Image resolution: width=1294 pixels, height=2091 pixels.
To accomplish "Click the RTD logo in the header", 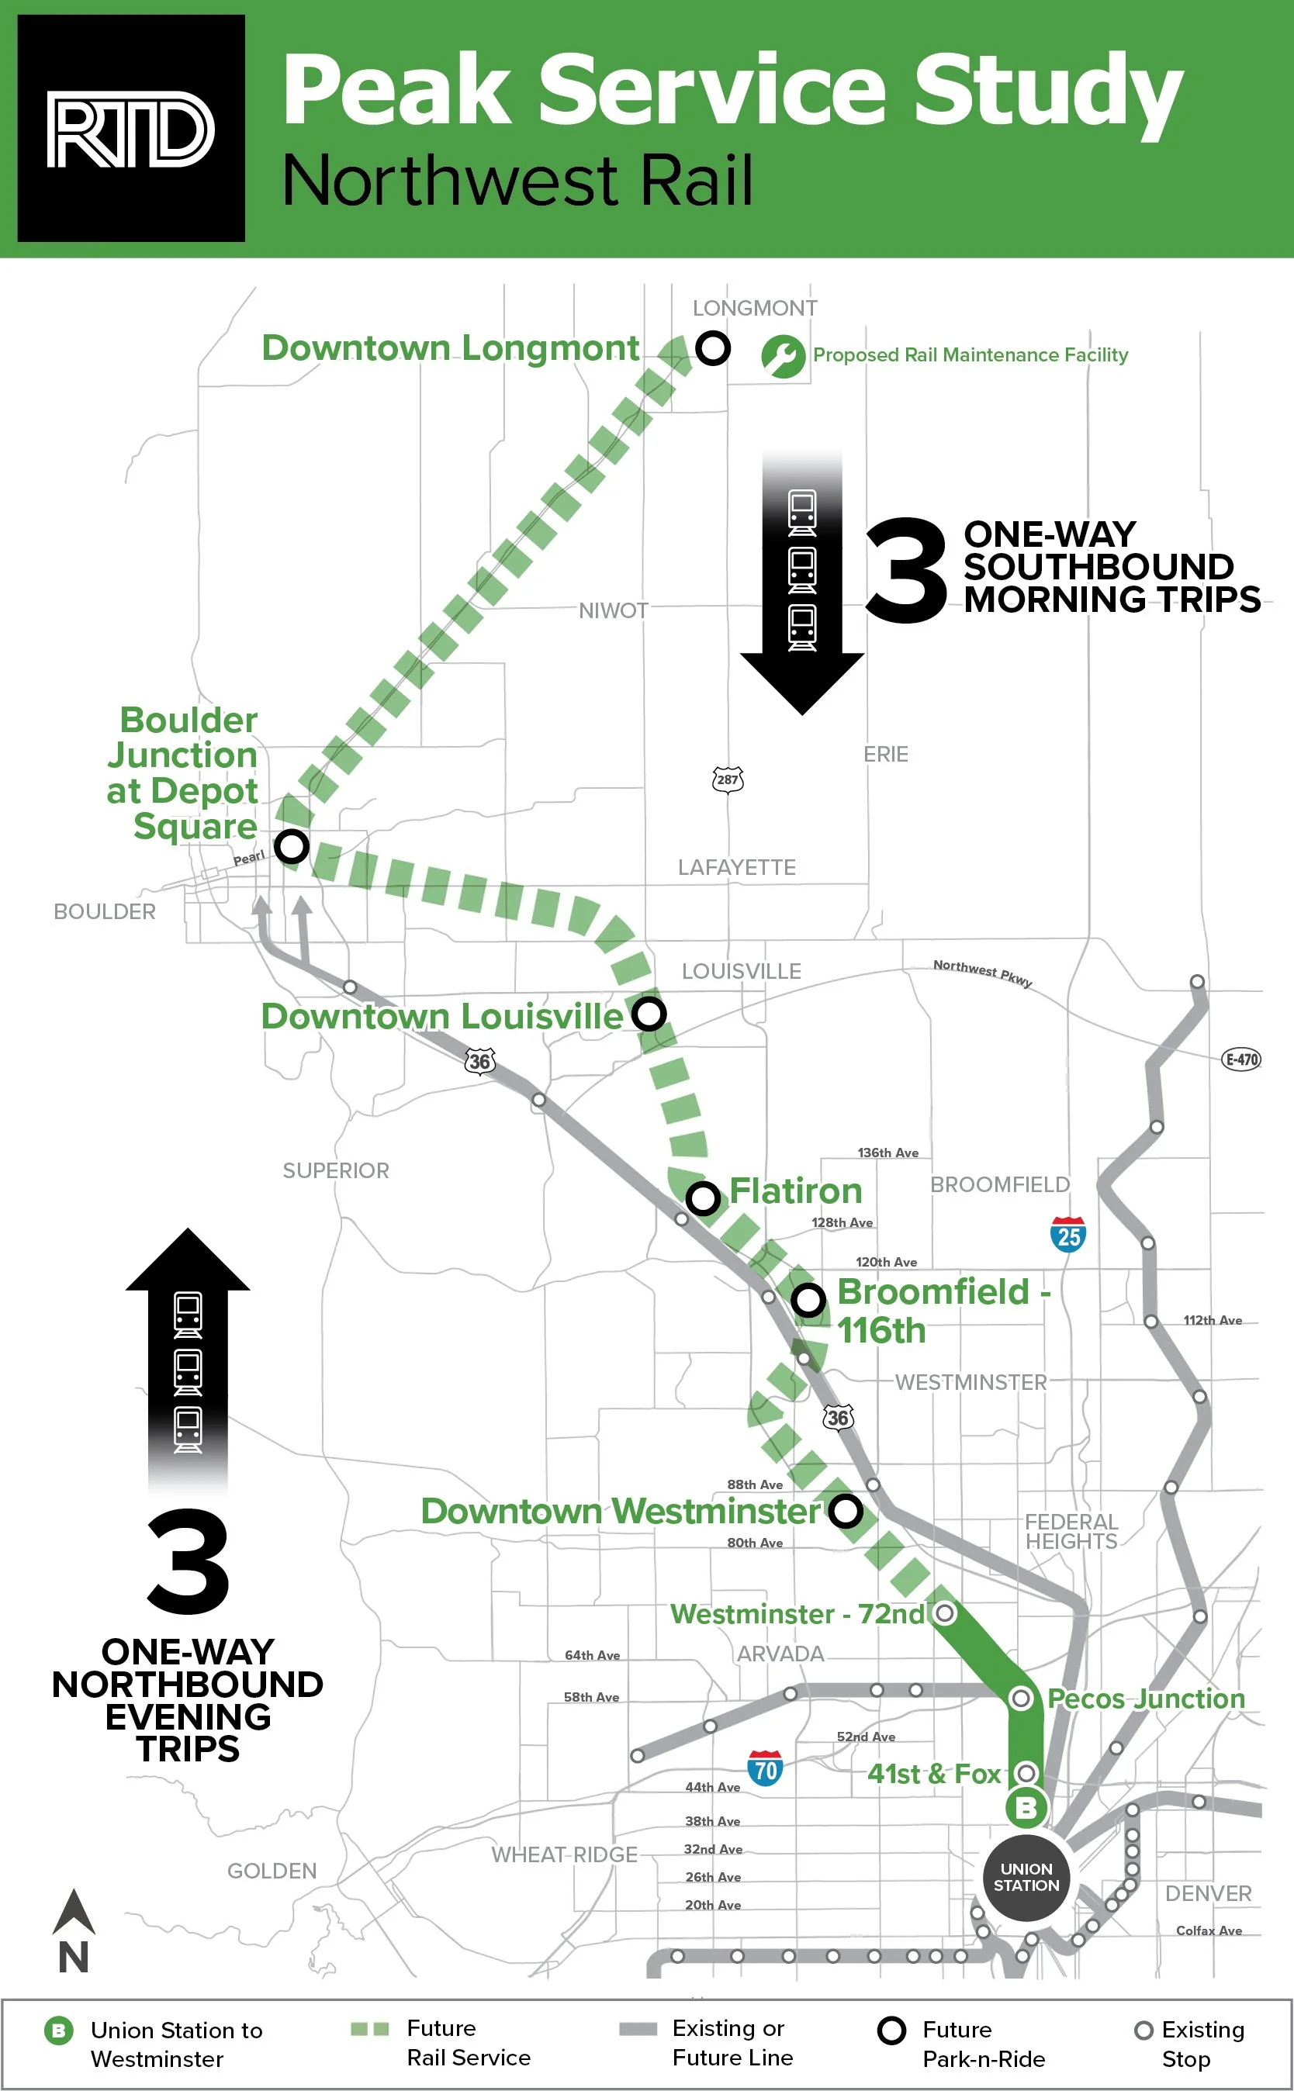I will (131, 128).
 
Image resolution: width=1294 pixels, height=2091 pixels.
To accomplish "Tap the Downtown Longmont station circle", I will (712, 348).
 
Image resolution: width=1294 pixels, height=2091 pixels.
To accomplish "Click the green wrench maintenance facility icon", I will (783, 356).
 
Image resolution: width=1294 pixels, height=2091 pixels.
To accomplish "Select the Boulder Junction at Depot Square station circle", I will (292, 846).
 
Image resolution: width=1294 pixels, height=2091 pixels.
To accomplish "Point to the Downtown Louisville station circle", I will (649, 1013).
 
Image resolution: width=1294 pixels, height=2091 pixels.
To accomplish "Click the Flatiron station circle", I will (703, 1198).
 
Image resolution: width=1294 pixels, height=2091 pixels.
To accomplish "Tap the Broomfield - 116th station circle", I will (808, 1301).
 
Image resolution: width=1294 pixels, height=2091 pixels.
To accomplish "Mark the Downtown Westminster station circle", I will (846, 1511).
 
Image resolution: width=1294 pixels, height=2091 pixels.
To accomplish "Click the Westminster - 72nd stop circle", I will (944, 1612).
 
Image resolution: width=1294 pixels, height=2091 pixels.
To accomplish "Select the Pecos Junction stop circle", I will (1021, 1698).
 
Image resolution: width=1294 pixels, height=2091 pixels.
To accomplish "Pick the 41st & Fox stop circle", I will (1026, 1772).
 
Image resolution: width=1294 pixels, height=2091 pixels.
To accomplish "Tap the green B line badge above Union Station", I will (1026, 1808).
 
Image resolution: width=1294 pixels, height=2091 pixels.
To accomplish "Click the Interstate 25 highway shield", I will (1068, 1235).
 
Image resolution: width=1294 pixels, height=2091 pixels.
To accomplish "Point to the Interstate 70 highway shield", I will (765, 1768).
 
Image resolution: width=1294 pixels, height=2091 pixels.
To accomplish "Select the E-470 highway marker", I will (1241, 1059).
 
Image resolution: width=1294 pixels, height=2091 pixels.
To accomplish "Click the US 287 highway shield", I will (728, 779).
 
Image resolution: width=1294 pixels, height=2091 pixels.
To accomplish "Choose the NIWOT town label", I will (613, 611).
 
